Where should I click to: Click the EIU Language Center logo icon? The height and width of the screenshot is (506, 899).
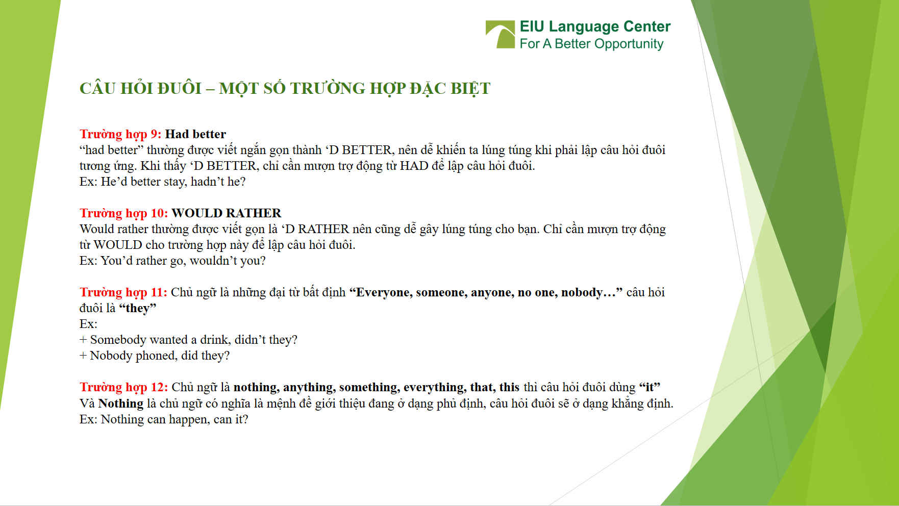500,35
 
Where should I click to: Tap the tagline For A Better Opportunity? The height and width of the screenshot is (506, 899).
591,44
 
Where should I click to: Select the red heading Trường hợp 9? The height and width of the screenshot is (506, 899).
120,134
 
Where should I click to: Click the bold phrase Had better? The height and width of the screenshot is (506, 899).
195,134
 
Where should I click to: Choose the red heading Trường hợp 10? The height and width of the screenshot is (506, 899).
123,213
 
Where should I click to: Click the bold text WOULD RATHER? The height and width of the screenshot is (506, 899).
226,213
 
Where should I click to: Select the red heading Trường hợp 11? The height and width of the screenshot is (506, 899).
123,292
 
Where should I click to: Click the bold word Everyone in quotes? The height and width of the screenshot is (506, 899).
383,292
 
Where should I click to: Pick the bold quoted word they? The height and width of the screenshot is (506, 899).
137,308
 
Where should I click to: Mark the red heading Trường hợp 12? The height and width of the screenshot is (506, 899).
123,387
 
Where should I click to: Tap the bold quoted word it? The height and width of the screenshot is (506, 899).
650,387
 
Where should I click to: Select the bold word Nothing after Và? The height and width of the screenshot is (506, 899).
121,403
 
